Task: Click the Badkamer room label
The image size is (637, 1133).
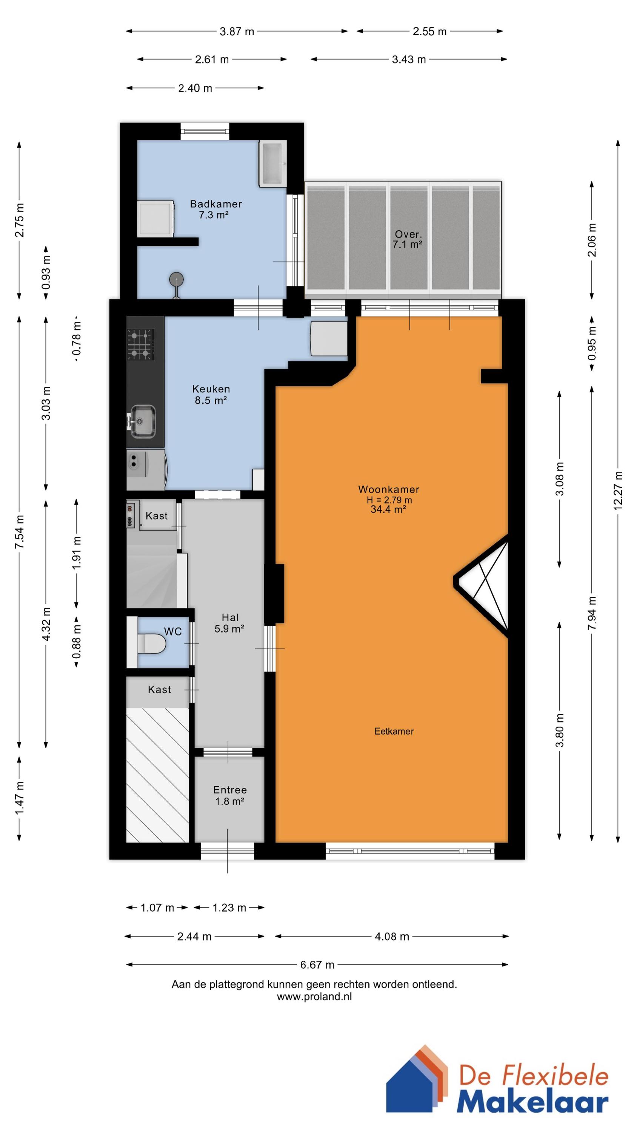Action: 216,204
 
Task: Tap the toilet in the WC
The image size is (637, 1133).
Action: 152,643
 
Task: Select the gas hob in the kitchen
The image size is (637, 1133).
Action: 141,344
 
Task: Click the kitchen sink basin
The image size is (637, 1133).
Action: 142,422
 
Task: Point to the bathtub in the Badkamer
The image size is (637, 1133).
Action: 272,163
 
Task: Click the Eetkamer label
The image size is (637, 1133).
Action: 394,731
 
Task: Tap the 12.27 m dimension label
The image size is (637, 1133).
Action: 618,491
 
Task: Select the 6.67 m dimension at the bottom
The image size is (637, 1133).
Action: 317,965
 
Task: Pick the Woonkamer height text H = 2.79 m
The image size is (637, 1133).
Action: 389,500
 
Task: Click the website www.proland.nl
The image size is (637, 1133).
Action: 314,997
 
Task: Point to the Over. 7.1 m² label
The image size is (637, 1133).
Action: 408,239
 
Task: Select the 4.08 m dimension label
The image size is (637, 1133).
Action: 392,936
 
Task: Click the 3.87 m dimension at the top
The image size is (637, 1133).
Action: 237,31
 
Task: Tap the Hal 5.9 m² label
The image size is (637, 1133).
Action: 229,623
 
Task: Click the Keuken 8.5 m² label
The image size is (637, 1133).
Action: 211,394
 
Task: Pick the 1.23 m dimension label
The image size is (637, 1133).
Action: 229,908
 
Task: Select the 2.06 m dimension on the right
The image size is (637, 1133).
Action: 592,240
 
